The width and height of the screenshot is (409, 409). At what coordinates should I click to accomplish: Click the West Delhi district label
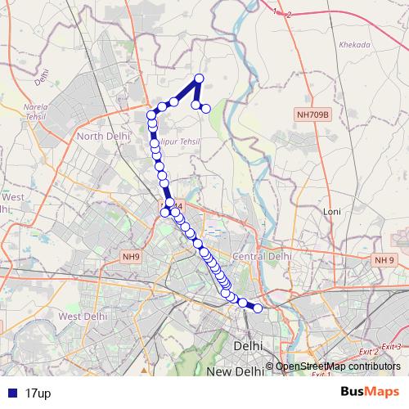click(83, 317)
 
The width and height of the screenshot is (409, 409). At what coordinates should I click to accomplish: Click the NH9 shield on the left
click(130, 257)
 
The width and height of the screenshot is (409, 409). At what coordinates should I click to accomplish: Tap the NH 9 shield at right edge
click(384, 260)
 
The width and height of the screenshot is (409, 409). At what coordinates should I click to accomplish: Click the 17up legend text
click(38, 393)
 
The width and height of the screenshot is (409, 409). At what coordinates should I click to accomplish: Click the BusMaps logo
click(370, 393)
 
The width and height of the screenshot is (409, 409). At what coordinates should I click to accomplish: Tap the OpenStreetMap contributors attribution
click(338, 367)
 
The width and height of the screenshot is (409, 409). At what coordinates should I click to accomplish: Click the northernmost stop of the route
click(199, 79)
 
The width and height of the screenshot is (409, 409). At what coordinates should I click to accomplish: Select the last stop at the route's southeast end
click(258, 308)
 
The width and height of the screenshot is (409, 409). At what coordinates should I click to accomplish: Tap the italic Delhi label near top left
click(43, 78)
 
